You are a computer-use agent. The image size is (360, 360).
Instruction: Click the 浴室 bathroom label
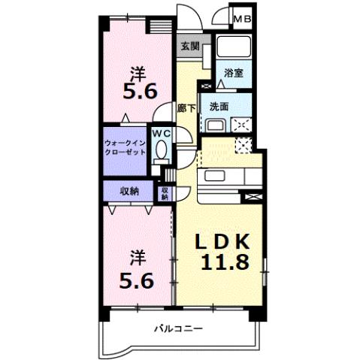coord(234,73)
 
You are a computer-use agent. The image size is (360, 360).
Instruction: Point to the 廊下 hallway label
coord(186,107)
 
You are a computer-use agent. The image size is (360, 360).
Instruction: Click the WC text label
coord(161,133)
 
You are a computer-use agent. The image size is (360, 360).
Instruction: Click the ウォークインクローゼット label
coord(125,147)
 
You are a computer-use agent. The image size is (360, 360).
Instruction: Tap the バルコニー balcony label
coord(179,328)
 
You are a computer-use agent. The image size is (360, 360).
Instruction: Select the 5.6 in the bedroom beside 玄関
coord(139,91)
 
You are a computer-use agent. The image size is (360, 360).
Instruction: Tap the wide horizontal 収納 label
coord(129,191)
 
